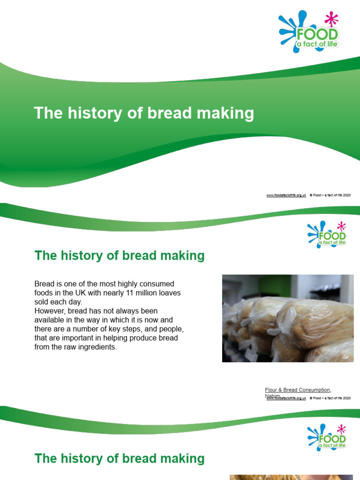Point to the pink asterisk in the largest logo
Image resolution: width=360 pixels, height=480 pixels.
point(331,19)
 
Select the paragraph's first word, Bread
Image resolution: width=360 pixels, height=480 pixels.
point(44,284)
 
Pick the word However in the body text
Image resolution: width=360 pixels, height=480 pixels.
point(50,311)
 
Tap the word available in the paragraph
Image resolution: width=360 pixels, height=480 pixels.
point(49,320)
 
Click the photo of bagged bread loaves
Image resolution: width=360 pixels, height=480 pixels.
point(288,318)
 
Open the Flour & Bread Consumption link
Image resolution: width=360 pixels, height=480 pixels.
point(298,390)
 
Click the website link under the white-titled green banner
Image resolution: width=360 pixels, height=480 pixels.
point(286,195)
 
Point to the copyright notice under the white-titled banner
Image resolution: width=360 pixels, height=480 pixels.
point(330,195)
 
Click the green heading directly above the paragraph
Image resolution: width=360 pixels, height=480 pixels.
point(120,256)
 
